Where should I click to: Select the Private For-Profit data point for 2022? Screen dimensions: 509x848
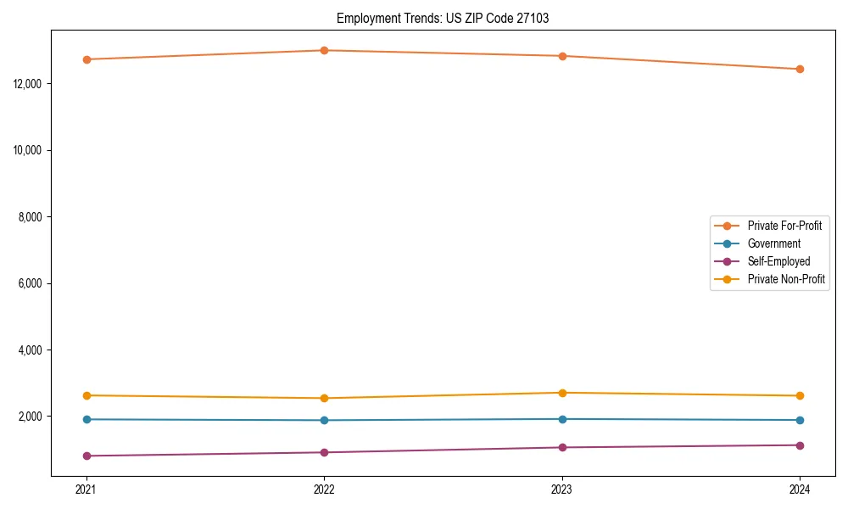324,50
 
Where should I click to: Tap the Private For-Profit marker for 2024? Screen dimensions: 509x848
800,69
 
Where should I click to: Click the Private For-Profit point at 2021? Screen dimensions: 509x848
86,59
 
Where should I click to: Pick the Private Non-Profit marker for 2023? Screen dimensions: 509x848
562,393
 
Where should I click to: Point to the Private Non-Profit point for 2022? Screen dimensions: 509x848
324,398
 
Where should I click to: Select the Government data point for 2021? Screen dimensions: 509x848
86,419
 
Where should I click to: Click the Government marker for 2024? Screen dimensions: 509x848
800,420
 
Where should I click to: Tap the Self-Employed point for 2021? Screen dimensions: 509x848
86,456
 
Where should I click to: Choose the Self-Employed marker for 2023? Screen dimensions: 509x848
562,447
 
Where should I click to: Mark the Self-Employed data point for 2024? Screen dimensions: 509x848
800,445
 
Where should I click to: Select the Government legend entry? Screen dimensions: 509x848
773,243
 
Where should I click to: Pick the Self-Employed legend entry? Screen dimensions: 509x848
778,261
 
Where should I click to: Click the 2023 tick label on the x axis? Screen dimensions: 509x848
562,489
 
